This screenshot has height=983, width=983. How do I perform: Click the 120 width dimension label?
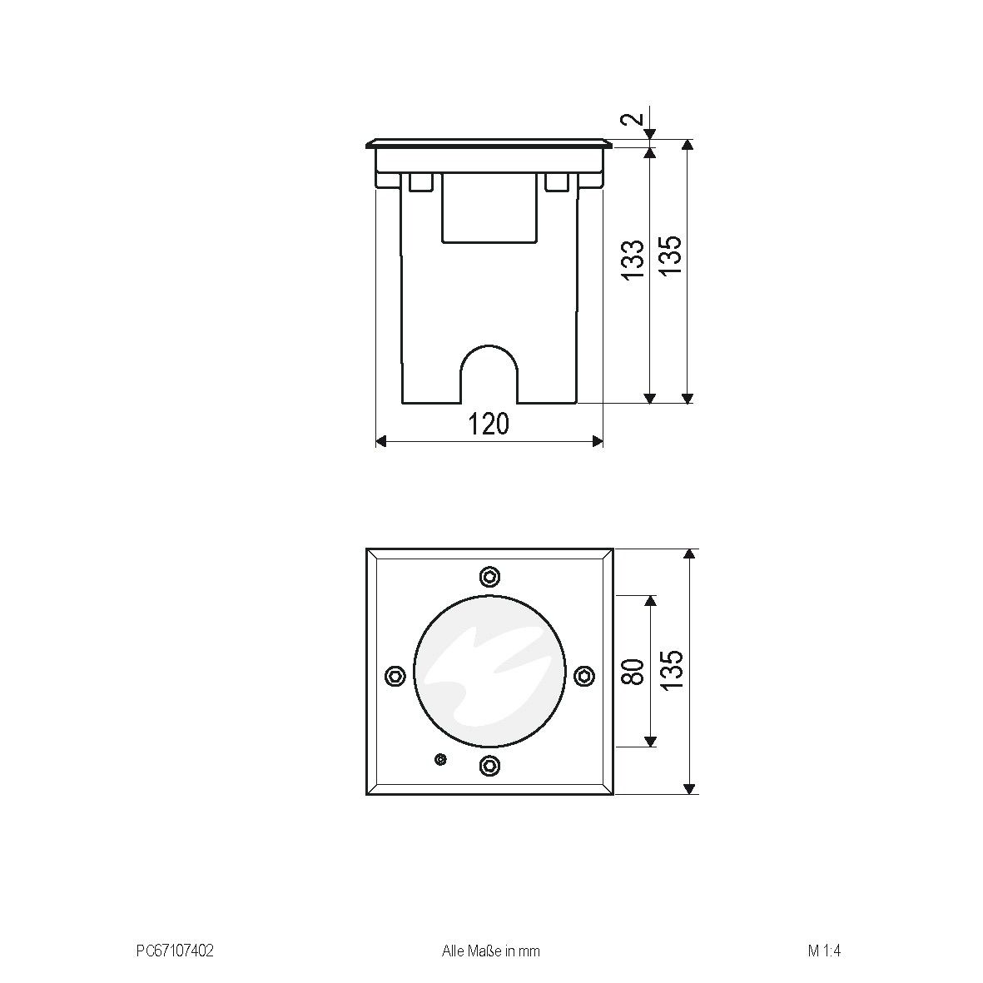tap(489, 424)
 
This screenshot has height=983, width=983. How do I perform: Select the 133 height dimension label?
tap(633, 259)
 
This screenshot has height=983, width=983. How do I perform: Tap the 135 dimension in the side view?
tap(671, 255)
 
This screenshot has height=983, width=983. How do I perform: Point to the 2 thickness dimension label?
tap(633, 118)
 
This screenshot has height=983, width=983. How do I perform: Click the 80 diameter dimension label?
tap(633, 671)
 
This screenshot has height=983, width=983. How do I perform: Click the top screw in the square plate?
tap(490, 577)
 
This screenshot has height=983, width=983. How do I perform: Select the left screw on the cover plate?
tap(396, 675)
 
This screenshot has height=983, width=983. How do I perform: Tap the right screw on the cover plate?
tap(584, 676)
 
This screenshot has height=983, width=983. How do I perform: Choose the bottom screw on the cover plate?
tap(490, 765)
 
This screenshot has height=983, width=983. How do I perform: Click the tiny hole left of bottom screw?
tap(440, 758)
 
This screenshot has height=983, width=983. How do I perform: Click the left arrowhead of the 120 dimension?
tap(381, 441)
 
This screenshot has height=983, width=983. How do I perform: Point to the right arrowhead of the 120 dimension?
tap(597, 441)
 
